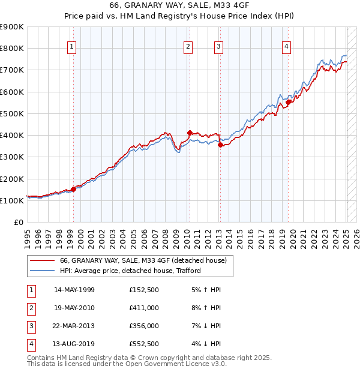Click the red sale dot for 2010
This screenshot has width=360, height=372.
[190, 133]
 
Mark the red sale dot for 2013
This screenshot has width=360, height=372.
[220, 145]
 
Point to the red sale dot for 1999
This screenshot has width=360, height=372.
[73, 189]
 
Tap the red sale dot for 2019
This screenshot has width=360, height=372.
[288, 102]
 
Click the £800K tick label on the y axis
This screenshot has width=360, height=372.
[12, 49]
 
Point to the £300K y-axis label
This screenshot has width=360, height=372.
[12, 157]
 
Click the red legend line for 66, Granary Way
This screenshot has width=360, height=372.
[42, 261]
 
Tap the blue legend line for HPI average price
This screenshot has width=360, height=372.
[42, 271]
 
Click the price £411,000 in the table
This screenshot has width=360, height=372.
[143, 307]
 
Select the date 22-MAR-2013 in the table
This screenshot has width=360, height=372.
[74, 326]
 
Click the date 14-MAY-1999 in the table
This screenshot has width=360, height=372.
[74, 290]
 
